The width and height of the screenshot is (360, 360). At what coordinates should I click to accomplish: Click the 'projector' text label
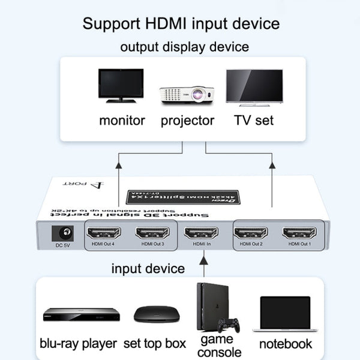point(187,120)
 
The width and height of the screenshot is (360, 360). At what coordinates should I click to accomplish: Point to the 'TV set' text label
point(254,120)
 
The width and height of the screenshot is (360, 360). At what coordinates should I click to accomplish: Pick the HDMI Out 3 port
point(152,233)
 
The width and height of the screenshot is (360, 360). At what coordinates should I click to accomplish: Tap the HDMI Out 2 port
point(251,233)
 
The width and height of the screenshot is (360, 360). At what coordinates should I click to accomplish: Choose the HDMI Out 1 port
point(300,233)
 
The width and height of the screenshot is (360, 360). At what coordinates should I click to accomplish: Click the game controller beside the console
point(228,325)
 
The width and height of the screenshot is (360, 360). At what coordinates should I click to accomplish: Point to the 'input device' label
point(148,268)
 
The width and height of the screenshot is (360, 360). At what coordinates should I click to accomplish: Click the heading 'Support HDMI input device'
point(181,24)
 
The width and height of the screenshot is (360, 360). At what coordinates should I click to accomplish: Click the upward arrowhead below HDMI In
point(203,256)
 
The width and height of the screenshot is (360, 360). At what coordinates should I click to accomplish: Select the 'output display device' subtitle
point(184,46)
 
